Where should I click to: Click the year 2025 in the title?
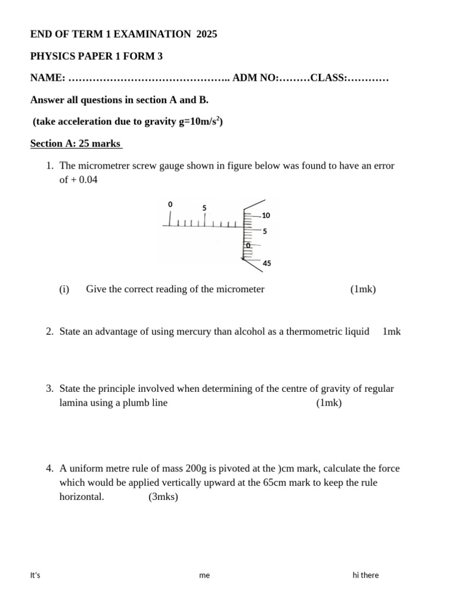[x=206, y=34]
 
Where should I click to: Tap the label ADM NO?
[x=255, y=78]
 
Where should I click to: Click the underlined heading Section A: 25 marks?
[x=75, y=143]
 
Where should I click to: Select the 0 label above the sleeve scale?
[x=170, y=204]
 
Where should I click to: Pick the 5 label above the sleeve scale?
[x=204, y=208]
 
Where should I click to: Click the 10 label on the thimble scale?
[x=265, y=216]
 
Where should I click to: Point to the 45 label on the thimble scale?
[x=267, y=263]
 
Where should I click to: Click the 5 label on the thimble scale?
[x=265, y=232]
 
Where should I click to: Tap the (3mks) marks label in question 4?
[x=163, y=497]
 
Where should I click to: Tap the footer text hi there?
[x=365, y=575]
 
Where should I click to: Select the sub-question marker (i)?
[x=64, y=289]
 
